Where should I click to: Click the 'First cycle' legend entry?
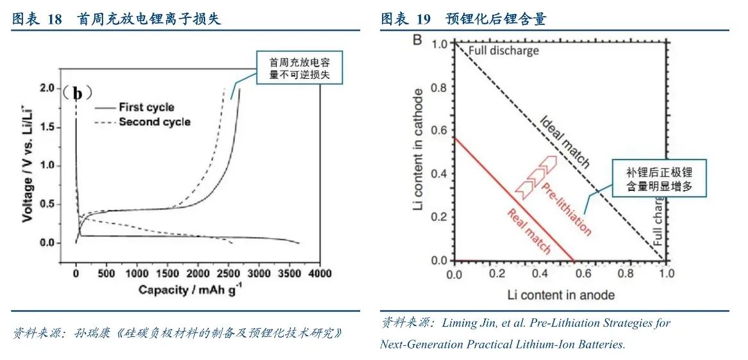tap(146, 108)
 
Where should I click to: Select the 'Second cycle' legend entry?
tap(154, 122)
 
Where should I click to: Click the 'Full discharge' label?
tap(503, 51)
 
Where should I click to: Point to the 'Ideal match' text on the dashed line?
tap(564, 142)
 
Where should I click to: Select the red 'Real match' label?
tap(529, 231)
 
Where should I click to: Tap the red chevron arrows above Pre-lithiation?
tap(535, 174)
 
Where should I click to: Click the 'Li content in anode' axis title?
tap(560, 295)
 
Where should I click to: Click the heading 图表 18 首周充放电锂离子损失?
tap(116, 19)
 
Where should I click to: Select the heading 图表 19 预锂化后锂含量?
tap(463, 19)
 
